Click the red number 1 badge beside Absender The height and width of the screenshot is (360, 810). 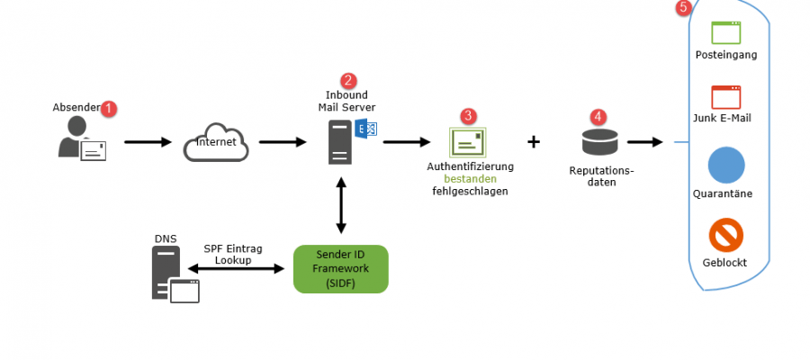click(110, 109)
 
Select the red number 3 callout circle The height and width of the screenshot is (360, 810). click(468, 117)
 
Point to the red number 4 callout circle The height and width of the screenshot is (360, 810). click(598, 117)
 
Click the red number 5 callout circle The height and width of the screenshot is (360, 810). click(684, 8)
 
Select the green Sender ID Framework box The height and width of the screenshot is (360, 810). click(340, 268)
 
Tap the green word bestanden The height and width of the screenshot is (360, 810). click(469, 178)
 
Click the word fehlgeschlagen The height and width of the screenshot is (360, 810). click(469, 191)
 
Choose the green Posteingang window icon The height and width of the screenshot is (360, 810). click(725, 33)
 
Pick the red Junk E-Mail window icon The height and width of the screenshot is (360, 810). click(725, 97)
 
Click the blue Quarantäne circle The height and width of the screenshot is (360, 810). click(725, 166)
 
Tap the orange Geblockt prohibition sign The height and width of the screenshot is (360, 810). click(725, 236)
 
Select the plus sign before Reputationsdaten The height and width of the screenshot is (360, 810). click(534, 141)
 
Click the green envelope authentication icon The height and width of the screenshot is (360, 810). click(468, 142)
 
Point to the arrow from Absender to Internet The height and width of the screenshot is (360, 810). click(148, 142)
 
